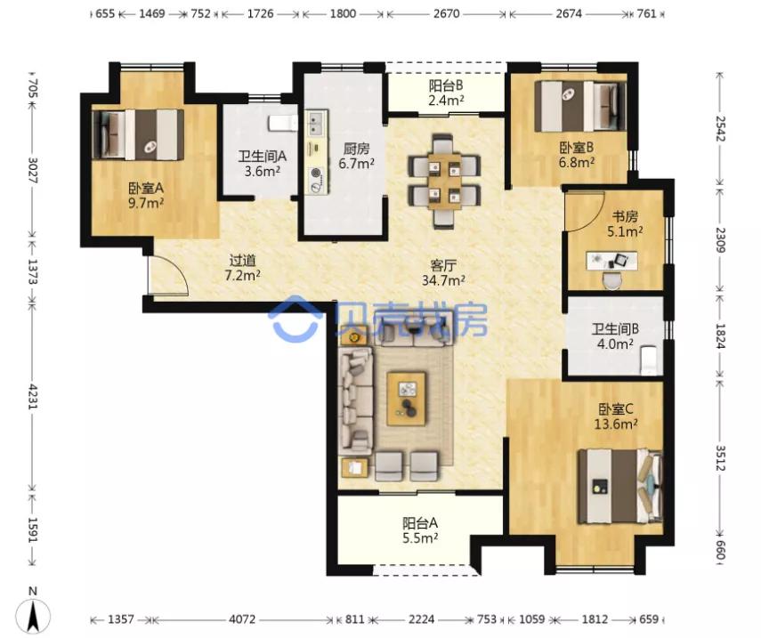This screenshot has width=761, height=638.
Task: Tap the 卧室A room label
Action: coord(146,188)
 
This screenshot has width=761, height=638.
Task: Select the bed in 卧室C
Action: coord(619,486)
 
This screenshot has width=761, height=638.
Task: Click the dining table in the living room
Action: coord(444,181)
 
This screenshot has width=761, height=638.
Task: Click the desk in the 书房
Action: coord(612,261)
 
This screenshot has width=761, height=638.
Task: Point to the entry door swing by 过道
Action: coord(168,276)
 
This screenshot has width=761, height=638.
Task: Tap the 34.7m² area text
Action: coord(442,280)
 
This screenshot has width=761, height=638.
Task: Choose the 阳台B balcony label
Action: coord(446,86)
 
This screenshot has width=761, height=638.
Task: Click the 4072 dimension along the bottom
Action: coord(242,619)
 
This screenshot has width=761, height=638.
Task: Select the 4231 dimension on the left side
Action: coord(32,396)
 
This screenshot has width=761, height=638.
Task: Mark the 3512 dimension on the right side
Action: coord(720,458)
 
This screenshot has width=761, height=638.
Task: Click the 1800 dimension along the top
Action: coord(344,13)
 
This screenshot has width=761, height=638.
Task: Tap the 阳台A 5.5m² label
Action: coord(420,529)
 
